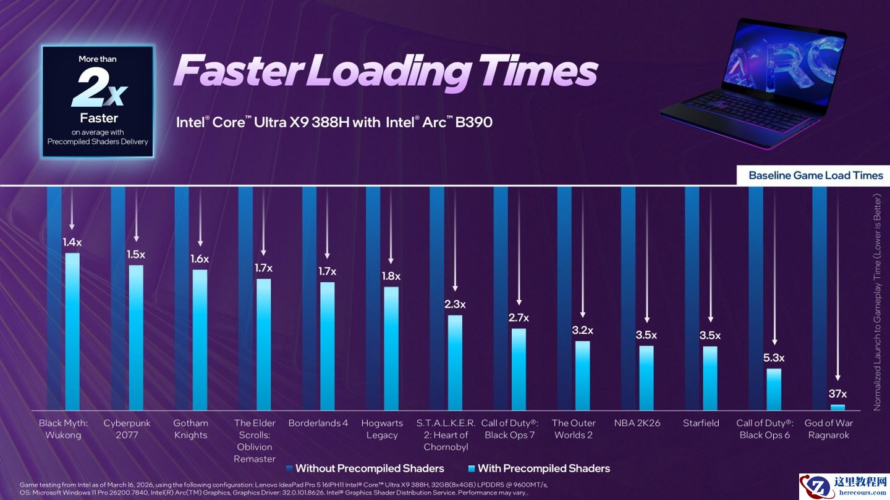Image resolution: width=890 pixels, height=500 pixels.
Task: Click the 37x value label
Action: (x=837, y=394)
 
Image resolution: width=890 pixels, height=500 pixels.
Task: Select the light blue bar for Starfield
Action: (x=710, y=378)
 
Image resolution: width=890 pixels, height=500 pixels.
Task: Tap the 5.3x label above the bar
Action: (x=774, y=357)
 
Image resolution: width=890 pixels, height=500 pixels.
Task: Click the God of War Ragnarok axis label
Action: (x=828, y=429)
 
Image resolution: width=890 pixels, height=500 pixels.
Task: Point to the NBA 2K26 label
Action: (x=637, y=423)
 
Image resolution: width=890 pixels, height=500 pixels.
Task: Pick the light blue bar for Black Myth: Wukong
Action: (x=72, y=331)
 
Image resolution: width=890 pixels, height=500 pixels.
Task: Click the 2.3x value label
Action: (x=455, y=304)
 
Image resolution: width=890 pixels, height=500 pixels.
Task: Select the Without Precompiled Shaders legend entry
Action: (x=369, y=468)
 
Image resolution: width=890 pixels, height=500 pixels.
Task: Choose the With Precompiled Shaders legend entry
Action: (x=543, y=468)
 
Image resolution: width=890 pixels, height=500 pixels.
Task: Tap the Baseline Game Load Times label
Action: (x=815, y=175)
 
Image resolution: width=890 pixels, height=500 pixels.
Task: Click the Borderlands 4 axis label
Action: (x=318, y=423)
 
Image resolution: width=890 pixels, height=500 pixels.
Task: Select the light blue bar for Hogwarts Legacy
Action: (x=391, y=348)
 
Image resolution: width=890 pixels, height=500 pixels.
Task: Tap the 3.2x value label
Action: (x=582, y=330)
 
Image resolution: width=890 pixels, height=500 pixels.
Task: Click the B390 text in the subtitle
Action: (x=473, y=122)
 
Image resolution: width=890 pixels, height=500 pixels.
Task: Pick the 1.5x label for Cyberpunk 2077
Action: (x=136, y=254)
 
